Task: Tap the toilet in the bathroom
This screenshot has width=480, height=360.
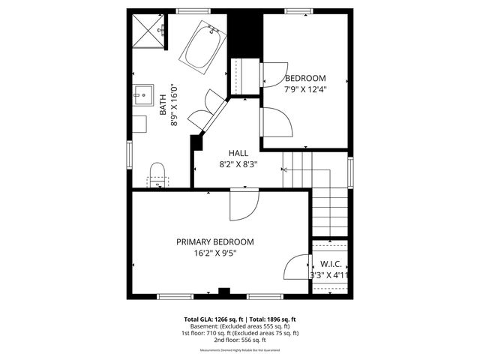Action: pos(157,173)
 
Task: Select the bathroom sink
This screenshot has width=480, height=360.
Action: pos(142,95)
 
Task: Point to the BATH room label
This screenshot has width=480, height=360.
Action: pos(163,103)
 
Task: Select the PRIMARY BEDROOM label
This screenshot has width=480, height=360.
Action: pos(214,242)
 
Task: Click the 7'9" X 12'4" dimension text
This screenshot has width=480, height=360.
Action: pos(304,89)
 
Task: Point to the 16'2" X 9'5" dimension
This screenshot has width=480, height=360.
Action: pos(214,253)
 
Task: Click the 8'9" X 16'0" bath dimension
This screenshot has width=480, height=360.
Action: pos(174,103)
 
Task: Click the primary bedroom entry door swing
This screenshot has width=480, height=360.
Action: pos(244,205)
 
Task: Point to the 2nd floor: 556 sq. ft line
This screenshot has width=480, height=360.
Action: pos(240,340)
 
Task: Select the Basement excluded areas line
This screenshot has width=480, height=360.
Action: pos(240,326)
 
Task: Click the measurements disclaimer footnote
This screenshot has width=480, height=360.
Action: pos(240,350)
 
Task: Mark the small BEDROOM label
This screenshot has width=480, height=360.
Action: pos(305,78)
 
